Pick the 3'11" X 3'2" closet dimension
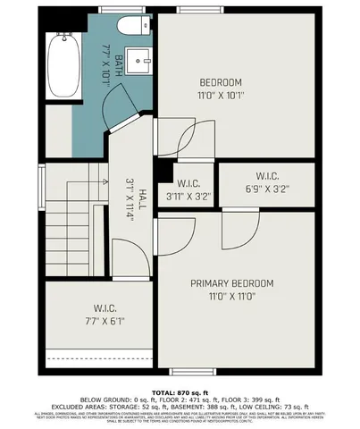[x=188, y=196]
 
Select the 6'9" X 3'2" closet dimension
[x=267, y=189]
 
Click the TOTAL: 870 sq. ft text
[x=180, y=391]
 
